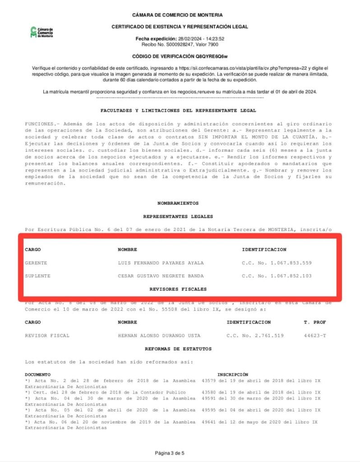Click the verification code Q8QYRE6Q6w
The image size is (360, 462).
[212, 57]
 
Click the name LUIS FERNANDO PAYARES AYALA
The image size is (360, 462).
[161, 263]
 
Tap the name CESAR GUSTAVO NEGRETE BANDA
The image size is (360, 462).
[161, 276]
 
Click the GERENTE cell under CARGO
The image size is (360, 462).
[36, 263]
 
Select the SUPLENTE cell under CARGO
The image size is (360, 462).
[37, 276]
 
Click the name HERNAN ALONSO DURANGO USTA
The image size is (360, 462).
[159, 336]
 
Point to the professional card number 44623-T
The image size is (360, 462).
[315, 336]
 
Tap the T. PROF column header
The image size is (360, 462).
[315, 322]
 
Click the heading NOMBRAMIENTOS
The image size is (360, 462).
[178, 203]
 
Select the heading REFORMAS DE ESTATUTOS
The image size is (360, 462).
[178, 349]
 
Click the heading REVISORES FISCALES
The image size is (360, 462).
[178, 289]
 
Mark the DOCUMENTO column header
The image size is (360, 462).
[37, 374]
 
